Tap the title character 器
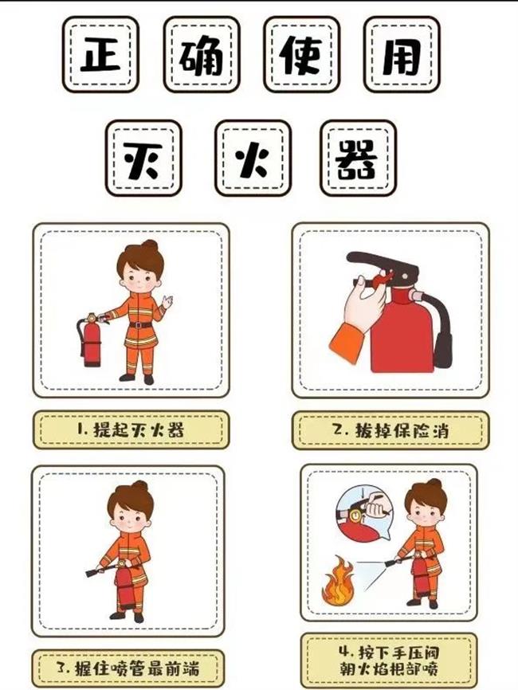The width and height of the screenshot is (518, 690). pyautogui.click(x=358, y=158)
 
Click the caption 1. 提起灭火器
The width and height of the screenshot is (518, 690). pyautogui.click(x=131, y=430)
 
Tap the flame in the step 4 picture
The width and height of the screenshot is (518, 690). pyautogui.click(x=337, y=583)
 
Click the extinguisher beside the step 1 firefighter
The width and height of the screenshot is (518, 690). pyautogui.click(x=91, y=341)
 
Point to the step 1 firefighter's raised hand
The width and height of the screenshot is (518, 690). pyautogui.click(x=167, y=301)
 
